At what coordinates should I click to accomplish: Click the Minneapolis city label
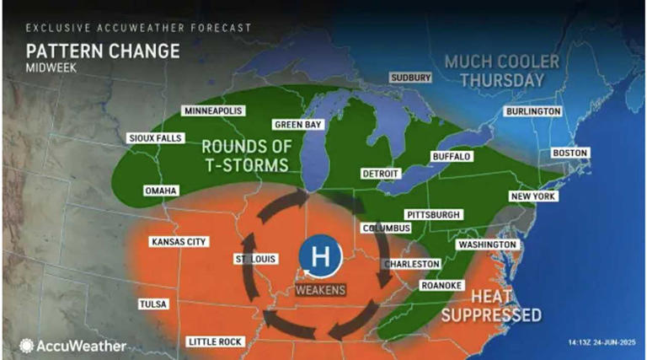[213, 111]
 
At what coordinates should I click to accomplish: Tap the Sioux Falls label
[154, 137]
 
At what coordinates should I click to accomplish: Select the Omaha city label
[160, 191]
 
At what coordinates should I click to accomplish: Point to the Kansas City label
[178, 242]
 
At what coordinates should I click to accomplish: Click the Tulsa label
[154, 304]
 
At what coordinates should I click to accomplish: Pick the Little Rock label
[215, 341]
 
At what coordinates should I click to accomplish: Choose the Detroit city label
[379, 173]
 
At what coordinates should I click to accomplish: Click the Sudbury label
[410, 78]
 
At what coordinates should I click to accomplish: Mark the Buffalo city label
[451, 157]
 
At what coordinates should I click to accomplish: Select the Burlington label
[532, 111]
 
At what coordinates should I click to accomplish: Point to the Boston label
[569, 153]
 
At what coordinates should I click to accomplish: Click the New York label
[533, 196]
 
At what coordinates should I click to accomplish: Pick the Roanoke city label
[441, 285]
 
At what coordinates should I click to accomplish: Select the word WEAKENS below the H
[319, 290]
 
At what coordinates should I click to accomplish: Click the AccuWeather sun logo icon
[27, 345]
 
